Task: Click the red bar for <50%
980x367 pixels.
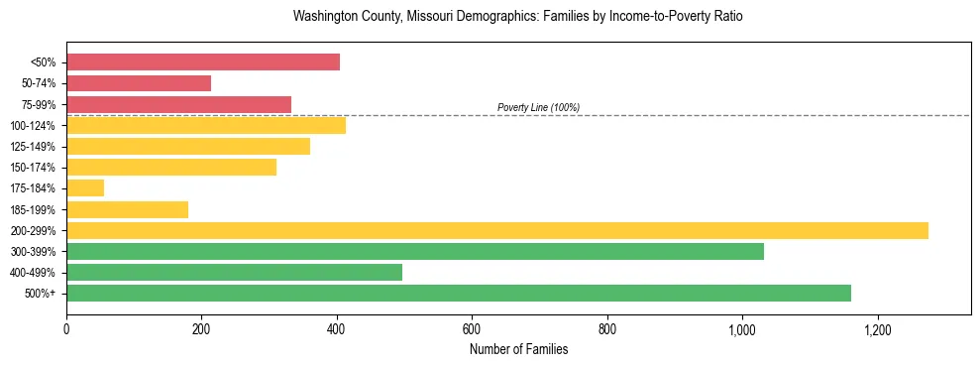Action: (x=203, y=62)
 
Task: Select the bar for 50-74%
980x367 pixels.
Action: (x=139, y=83)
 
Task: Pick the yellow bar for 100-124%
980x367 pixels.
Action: (x=206, y=125)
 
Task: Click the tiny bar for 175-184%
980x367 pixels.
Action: (x=85, y=188)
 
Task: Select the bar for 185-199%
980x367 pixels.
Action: (x=127, y=209)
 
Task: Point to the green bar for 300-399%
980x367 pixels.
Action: (x=415, y=251)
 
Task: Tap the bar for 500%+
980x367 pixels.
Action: (x=459, y=293)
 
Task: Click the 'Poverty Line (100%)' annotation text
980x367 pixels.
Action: (x=538, y=107)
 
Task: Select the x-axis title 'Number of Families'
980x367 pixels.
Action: (x=518, y=349)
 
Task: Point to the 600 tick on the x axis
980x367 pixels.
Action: (x=472, y=329)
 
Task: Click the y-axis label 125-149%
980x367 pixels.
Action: (x=33, y=147)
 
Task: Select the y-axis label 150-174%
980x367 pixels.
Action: (x=33, y=168)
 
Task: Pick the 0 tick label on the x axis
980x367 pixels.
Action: (x=66, y=329)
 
